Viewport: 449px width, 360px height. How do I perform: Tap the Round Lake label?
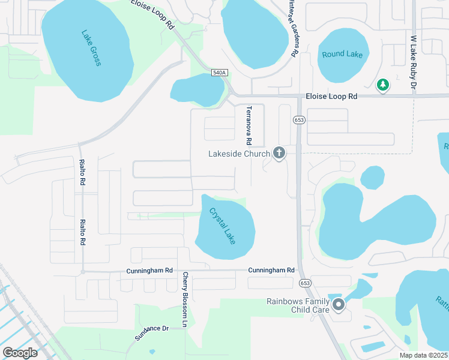(x=342, y=54)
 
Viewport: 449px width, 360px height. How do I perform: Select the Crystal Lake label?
(x=222, y=226)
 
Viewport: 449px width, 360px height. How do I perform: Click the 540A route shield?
(x=220, y=73)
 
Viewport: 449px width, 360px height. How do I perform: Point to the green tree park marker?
(x=382, y=86)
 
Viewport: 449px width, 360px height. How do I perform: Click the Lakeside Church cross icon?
(x=279, y=154)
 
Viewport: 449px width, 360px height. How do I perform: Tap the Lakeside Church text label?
(x=239, y=154)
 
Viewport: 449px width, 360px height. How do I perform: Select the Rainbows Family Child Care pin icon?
(x=339, y=305)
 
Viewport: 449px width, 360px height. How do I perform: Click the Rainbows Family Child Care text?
(x=298, y=305)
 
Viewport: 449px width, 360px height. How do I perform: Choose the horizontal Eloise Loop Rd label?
(x=331, y=96)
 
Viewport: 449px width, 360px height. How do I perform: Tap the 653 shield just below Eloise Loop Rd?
(x=298, y=121)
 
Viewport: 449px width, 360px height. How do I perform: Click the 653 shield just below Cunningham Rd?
(x=305, y=283)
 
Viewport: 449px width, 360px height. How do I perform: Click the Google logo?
(x=20, y=353)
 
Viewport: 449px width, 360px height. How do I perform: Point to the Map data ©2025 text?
(x=424, y=355)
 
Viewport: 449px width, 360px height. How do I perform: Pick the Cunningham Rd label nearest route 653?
(x=271, y=271)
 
